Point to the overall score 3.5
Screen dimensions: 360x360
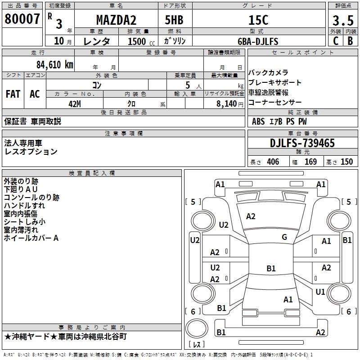point(342,21)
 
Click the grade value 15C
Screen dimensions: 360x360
point(258,20)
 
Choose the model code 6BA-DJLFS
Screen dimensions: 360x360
point(258,41)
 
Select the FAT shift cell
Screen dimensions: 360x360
point(13,94)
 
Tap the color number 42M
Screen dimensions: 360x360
point(74,103)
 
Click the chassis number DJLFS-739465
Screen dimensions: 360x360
point(302,143)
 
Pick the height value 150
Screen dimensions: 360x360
point(346,162)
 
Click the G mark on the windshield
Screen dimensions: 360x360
point(284,237)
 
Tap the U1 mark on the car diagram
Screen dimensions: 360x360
point(320,292)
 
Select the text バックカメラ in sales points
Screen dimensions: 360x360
point(268,73)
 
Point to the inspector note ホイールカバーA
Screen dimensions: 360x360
point(31,238)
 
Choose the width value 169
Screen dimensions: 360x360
point(310,162)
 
